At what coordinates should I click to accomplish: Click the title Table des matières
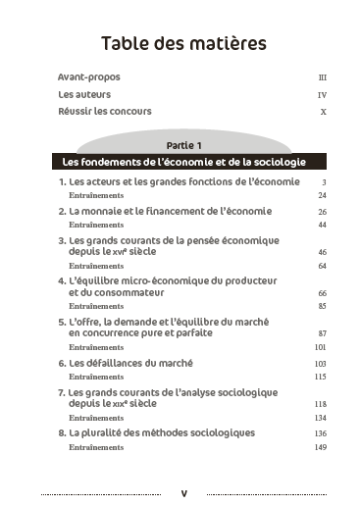point(183,43)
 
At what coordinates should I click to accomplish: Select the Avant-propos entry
point(88,76)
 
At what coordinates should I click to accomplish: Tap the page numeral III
point(322,77)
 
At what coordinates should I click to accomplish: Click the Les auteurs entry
point(84,94)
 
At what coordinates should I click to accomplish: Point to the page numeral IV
point(322,95)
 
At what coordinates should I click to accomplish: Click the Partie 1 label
point(183,144)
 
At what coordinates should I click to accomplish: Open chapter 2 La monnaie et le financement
point(164,211)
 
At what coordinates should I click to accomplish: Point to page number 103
point(320,364)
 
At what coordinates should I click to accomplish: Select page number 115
point(320,377)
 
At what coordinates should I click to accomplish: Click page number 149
point(320,447)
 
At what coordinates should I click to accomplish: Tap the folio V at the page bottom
point(183,492)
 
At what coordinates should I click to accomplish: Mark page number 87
point(322,333)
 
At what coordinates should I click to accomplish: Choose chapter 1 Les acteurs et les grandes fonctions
point(178,182)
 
